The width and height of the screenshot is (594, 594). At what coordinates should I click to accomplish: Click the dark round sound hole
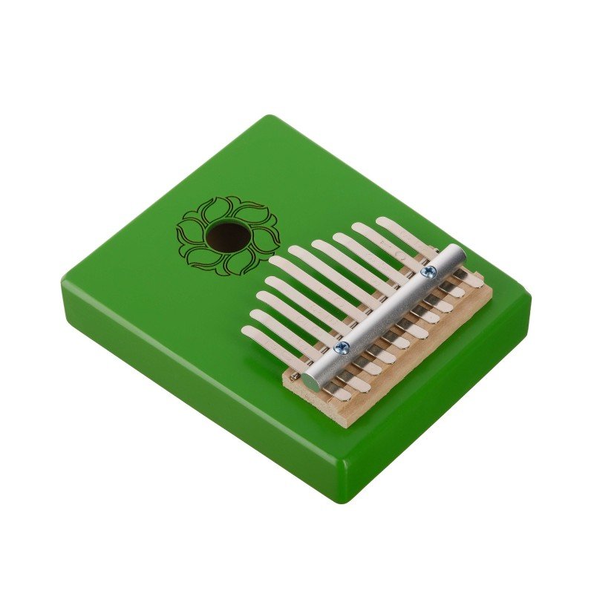(228, 237)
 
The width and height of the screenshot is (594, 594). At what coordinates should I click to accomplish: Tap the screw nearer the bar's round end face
(342, 347)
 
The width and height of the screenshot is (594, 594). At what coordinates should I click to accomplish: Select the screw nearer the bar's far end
(427, 272)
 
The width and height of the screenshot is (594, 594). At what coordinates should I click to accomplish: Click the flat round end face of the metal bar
(310, 381)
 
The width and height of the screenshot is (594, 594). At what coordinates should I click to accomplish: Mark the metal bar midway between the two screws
(385, 310)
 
